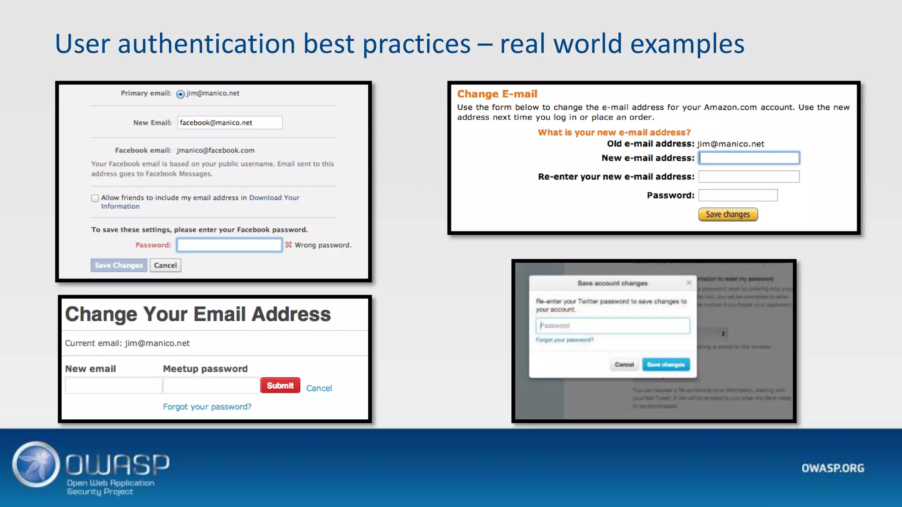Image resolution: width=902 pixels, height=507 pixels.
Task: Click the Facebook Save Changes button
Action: (x=118, y=265)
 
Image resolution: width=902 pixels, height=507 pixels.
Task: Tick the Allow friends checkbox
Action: (x=95, y=198)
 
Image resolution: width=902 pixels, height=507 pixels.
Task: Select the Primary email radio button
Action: (x=181, y=94)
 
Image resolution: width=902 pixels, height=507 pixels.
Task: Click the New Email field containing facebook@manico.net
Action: (x=229, y=123)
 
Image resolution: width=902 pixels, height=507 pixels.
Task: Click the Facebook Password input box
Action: (x=229, y=245)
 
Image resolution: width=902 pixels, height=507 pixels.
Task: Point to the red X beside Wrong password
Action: (x=288, y=245)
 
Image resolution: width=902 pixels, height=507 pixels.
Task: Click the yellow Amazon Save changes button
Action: (x=728, y=214)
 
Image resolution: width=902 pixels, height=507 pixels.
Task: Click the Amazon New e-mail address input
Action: (x=749, y=158)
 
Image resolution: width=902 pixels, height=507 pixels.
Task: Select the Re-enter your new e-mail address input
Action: (x=749, y=176)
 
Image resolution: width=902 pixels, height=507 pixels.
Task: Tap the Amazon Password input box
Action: (x=738, y=195)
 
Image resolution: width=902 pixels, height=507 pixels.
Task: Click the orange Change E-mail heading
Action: (x=497, y=94)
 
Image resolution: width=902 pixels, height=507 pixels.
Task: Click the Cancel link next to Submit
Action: (x=319, y=388)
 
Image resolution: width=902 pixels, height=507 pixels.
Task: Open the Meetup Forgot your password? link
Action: (x=207, y=407)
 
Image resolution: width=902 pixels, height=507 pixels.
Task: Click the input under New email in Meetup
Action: (x=114, y=386)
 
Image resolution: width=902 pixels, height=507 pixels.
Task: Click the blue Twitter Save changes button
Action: (x=665, y=364)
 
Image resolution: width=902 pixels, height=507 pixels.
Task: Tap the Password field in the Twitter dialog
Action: (x=613, y=326)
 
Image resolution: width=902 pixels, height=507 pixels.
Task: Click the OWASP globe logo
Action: (x=36, y=464)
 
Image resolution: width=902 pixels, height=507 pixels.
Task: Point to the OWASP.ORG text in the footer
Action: (x=832, y=468)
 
